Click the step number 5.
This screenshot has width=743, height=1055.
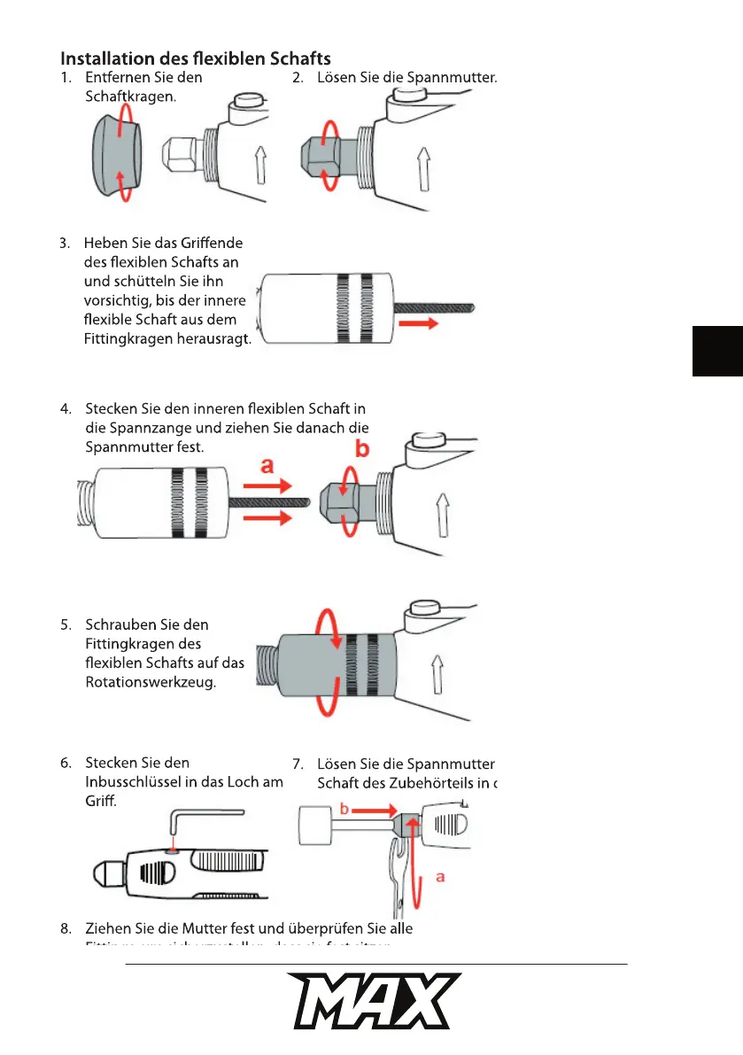click(x=66, y=624)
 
